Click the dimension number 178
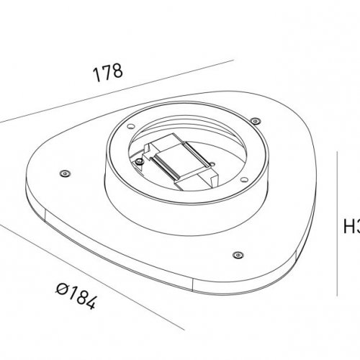[x=108, y=73]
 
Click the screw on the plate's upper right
[x=255, y=121]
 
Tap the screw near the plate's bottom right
[x=237, y=253]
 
